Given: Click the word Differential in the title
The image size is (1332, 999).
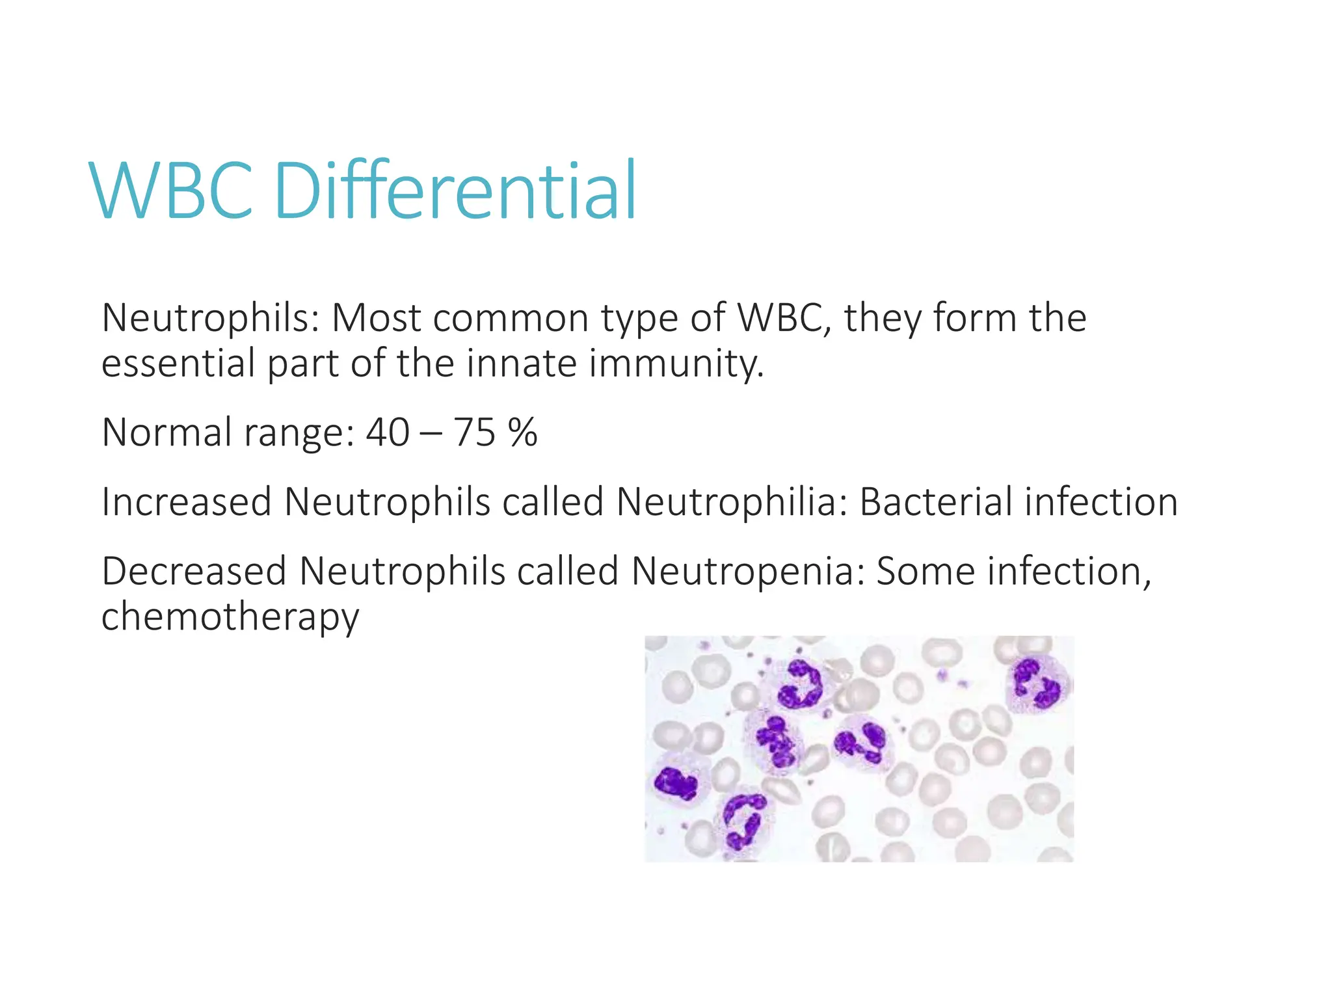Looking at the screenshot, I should tap(455, 190).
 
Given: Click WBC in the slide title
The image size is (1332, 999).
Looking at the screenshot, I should tap(172, 191).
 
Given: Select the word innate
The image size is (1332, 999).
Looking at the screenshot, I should tap(521, 363).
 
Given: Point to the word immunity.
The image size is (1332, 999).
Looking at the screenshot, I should tap(676, 364).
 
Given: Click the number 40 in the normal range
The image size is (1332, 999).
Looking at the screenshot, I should tap(388, 433).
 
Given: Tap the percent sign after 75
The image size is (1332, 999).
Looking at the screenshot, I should tap(523, 433).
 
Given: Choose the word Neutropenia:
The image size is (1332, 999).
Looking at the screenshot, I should tap(748, 571).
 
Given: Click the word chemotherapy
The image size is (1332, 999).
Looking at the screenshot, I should tap(230, 617).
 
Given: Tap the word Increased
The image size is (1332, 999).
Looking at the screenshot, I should tap(186, 502).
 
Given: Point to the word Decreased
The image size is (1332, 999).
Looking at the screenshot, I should tap(193, 571).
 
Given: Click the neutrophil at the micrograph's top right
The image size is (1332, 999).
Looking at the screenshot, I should tap(1037, 684).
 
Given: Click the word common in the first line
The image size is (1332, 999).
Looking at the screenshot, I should tap(510, 318).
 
